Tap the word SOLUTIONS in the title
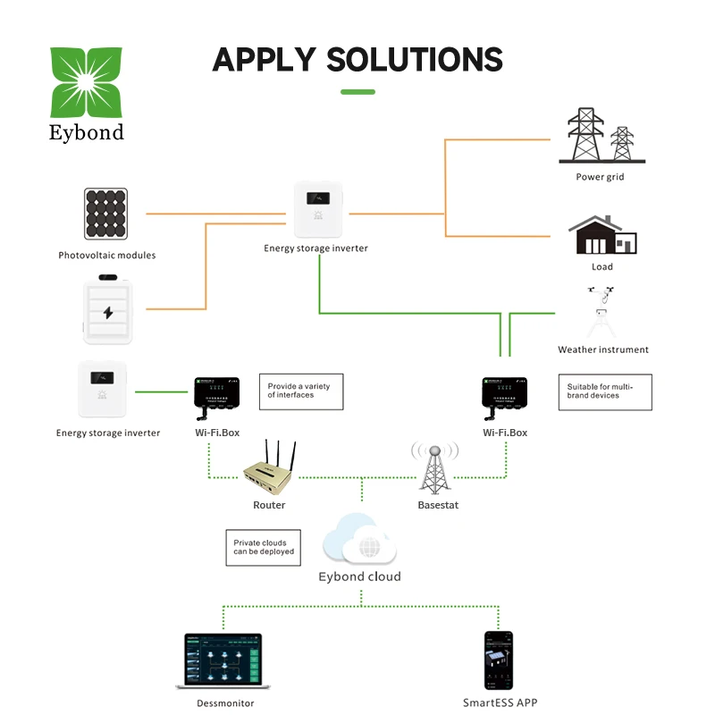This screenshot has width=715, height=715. tap(415, 60)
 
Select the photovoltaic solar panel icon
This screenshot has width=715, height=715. tap(106, 214)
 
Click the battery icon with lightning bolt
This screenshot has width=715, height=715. tap(107, 311)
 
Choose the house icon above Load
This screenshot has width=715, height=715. tap(602, 235)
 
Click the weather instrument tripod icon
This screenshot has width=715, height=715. tap(602, 313)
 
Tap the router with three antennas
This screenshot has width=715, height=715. tap(269, 470)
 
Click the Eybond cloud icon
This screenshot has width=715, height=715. tap(359, 539)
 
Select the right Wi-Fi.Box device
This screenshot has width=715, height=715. tap(505, 393)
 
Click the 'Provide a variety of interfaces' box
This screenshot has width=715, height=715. tap(300, 391)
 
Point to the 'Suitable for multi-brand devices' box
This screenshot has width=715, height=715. tap(605, 391)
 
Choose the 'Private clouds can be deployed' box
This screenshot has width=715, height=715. tap(261, 547)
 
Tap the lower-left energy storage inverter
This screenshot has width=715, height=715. tap(106, 389)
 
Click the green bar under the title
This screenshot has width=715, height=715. tap(357, 91)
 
